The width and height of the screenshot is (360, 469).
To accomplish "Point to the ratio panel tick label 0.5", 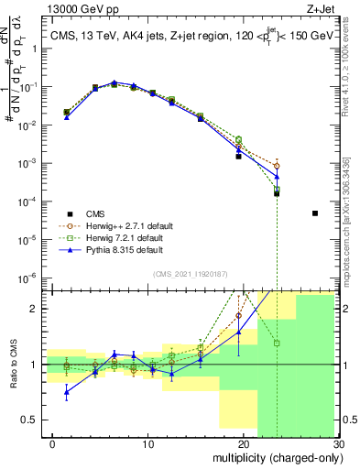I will pyautogui.click(x=32, y=420).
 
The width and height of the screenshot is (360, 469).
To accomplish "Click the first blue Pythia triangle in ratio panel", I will pyautogui.click(x=66, y=392).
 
